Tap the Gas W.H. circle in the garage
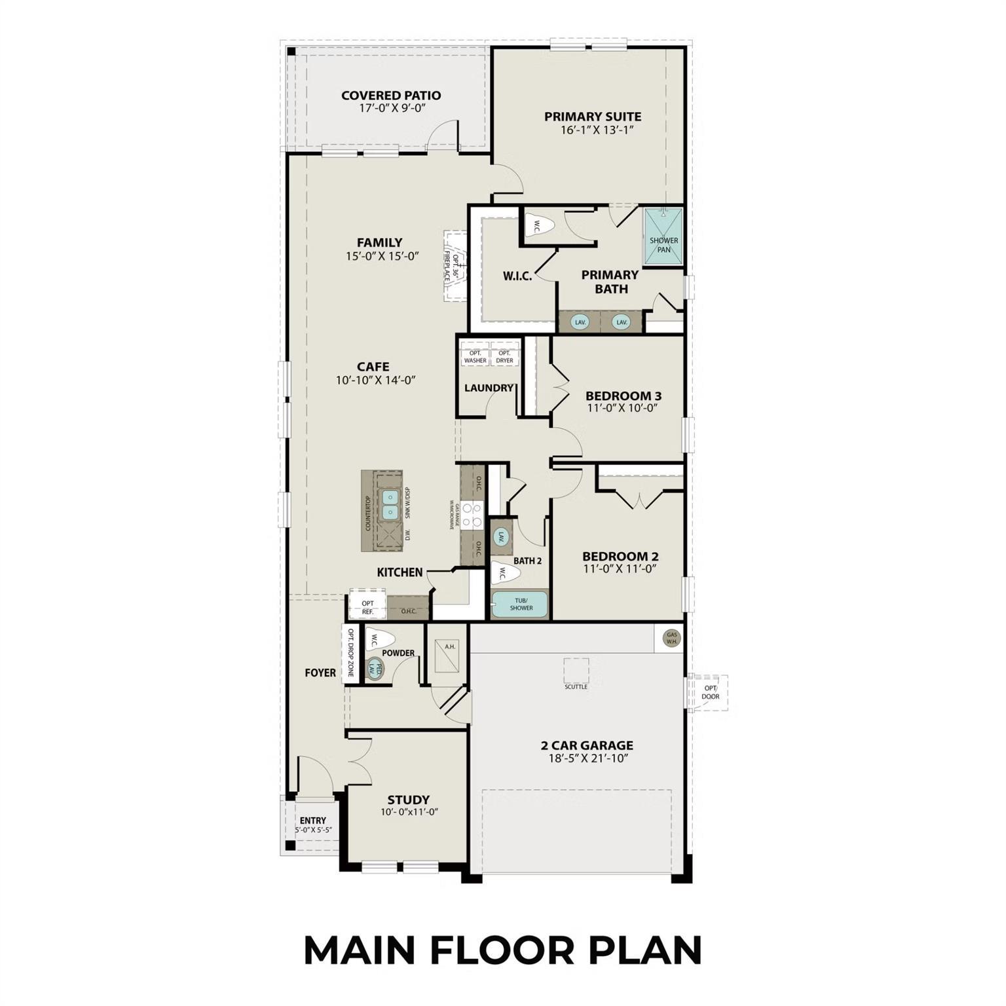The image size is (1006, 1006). (671, 638)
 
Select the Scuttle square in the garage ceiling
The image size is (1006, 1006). (576, 671)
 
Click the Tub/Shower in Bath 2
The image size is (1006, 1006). (521, 604)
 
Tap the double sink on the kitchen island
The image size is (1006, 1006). (390, 504)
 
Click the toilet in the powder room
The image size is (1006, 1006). (379, 638)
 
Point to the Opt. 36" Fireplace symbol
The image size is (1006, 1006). (455, 265)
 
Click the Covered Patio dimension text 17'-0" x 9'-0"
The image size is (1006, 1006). (392, 108)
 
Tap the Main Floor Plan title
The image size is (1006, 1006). (502, 950)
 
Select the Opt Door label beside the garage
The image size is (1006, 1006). (710, 692)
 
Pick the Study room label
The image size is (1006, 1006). (408, 799)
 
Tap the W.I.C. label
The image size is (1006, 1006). (517, 276)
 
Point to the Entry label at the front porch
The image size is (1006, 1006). (312, 820)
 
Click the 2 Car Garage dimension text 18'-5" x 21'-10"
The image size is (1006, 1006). (587, 759)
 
